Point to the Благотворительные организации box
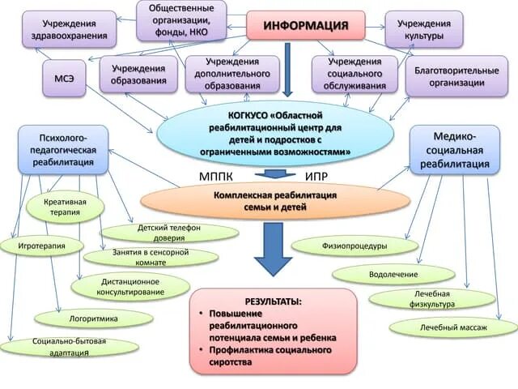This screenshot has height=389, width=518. [x=457, y=75]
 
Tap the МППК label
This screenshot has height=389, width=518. [x=218, y=176]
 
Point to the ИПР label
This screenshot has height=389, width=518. [x=317, y=176]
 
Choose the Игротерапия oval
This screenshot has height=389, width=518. [x=40, y=244]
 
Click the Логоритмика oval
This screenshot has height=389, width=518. [x=93, y=318]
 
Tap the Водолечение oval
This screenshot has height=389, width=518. [x=393, y=274]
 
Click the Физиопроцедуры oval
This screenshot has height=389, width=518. [x=355, y=245]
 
